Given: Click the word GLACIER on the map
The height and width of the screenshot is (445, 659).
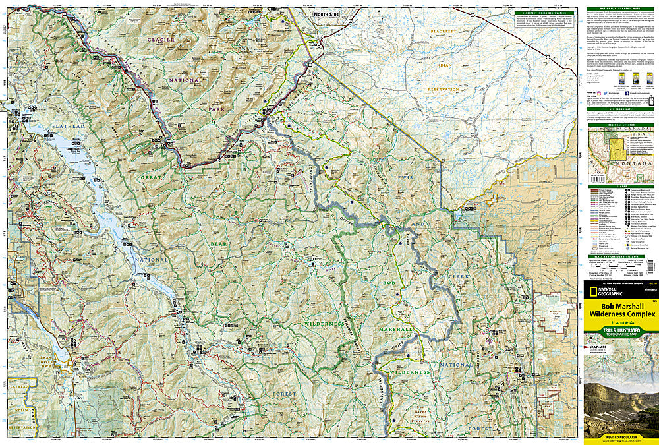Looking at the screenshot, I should pyautogui.click(x=125, y=42).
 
